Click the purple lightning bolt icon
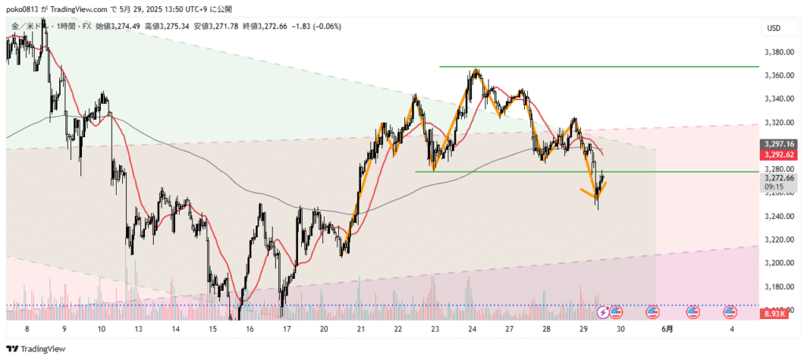click(x=604, y=312)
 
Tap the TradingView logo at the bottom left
click(x=37, y=349)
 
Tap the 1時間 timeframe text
click(x=61, y=27)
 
